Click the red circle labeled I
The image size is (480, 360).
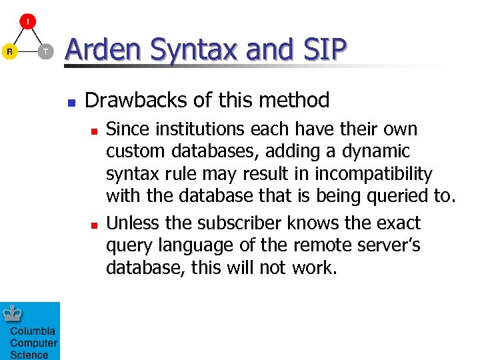click(27, 21)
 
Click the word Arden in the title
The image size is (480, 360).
click(104, 49)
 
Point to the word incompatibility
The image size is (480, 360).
click(373, 175)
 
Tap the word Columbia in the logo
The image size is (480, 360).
click(33, 331)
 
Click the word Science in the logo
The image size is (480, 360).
click(29, 355)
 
